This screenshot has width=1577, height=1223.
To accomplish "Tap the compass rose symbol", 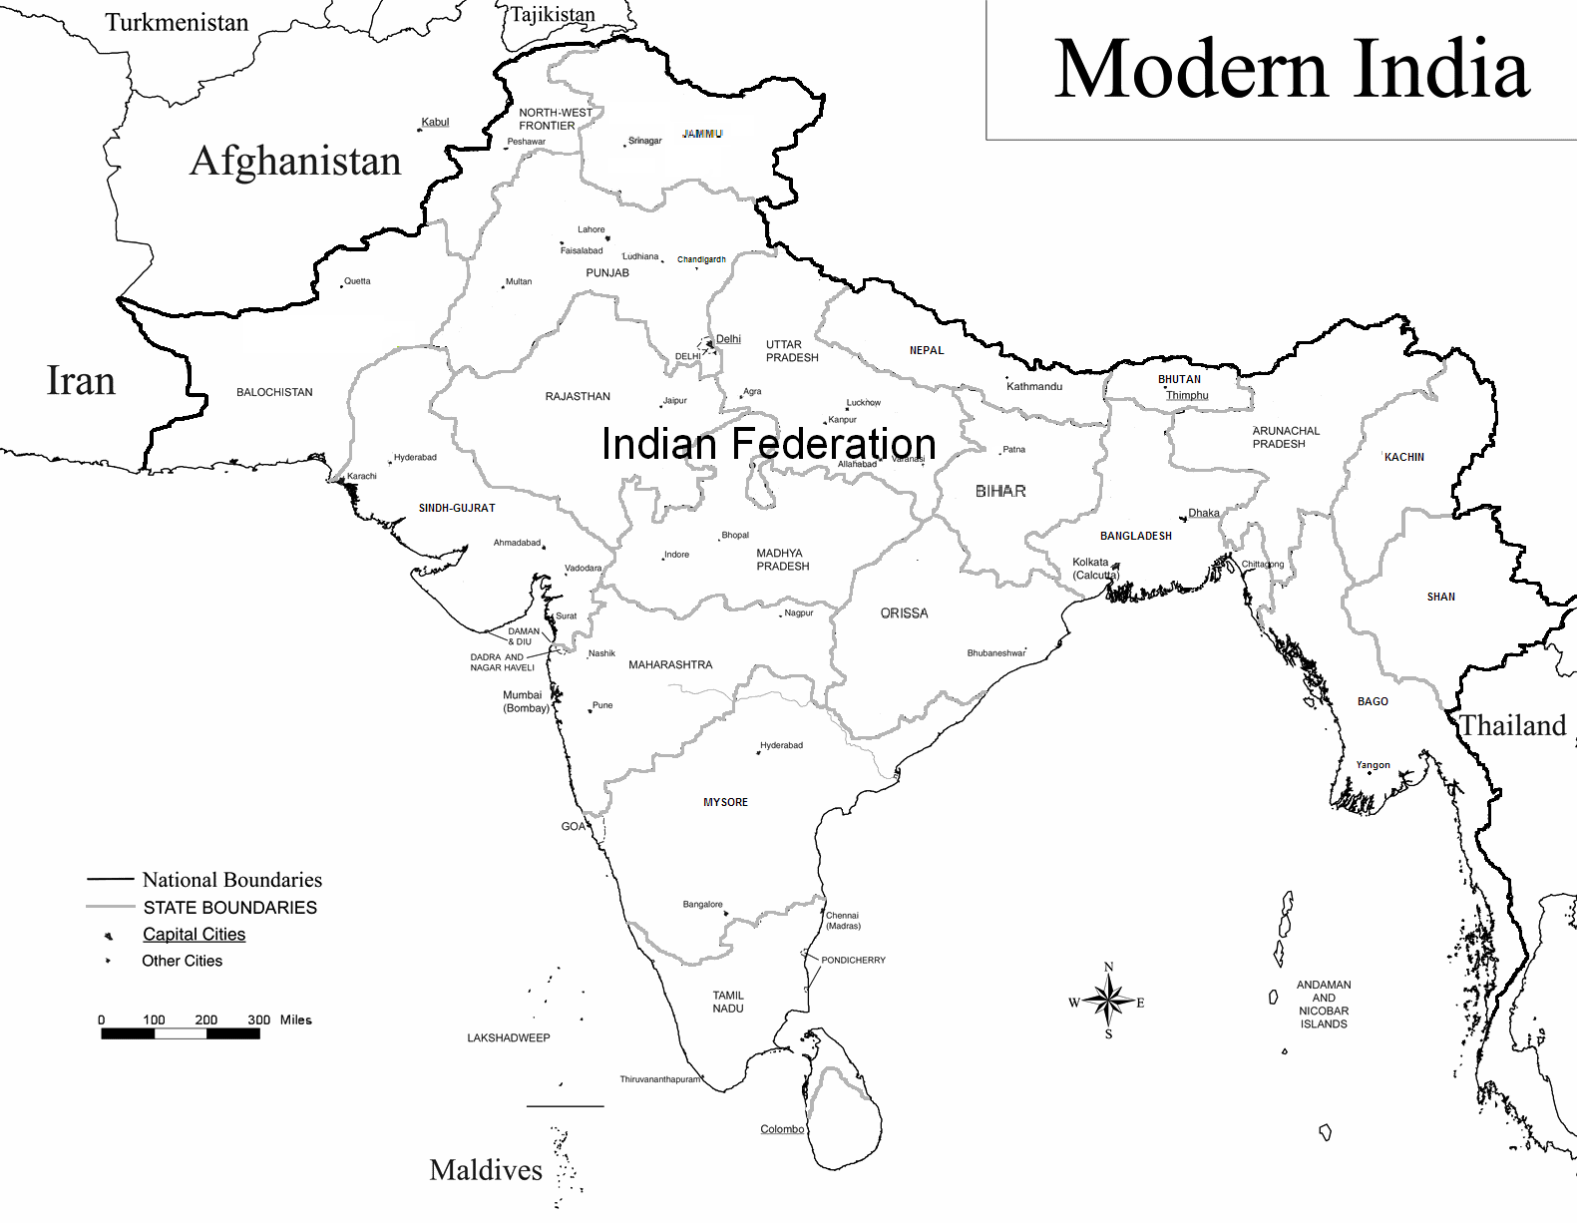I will [x=1108, y=1000].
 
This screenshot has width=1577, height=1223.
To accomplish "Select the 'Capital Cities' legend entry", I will [x=194, y=935].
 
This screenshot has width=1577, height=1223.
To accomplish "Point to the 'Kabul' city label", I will [x=435, y=122].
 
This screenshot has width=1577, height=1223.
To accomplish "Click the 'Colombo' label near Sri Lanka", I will [x=782, y=1129].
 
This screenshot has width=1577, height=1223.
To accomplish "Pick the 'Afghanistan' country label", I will [x=295, y=162].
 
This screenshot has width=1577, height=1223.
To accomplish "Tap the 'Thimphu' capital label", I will [x=1187, y=396].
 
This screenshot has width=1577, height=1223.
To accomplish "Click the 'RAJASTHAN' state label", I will [x=578, y=397].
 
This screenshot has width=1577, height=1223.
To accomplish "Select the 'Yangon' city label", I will [x=1373, y=765].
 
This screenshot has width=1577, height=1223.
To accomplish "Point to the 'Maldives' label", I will [x=486, y=1170].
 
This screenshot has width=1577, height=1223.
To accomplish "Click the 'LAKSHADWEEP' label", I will [x=509, y=1038].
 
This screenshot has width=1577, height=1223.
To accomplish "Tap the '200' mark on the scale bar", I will [x=205, y=1019].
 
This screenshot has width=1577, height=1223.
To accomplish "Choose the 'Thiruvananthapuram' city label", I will [x=659, y=1079].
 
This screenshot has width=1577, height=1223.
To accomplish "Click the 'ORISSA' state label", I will [x=904, y=613].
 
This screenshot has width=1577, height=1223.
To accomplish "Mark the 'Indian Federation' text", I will [x=768, y=444].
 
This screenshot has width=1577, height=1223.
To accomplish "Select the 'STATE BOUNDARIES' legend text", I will [x=229, y=908].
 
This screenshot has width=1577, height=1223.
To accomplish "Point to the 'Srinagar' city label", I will [x=644, y=141].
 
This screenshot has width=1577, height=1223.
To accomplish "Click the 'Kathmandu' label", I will [x=1034, y=387].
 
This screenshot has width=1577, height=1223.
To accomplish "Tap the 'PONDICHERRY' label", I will [x=853, y=961].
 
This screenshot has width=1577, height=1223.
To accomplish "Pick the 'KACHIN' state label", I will [x=1403, y=457].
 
